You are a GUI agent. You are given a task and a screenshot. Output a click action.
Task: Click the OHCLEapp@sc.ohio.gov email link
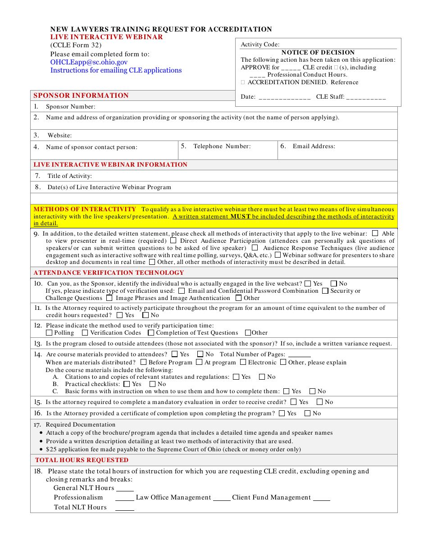[x=89, y=62]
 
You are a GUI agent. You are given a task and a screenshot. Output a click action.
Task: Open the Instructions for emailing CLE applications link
[x=116, y=70]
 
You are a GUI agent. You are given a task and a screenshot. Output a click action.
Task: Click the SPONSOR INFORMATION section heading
[x=81, y=95]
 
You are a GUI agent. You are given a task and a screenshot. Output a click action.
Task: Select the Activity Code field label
[x=260, y=44]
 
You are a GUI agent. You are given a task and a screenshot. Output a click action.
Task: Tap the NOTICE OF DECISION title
[x=318, y=52]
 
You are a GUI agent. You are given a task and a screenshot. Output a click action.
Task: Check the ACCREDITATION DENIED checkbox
[x=243, y=82]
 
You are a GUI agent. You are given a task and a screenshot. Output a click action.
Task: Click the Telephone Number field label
[x=222, y=146]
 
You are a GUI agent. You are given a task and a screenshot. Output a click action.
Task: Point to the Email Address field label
[x=314, y=146]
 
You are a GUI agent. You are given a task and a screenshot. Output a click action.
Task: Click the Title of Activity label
[x=69, y=176]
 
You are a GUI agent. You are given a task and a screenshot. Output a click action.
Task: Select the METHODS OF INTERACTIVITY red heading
[x=85, y=209]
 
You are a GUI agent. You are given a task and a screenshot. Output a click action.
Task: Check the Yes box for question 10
[x=308, y=284]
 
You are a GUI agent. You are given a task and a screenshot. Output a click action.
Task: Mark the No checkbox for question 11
[x=146, y=315]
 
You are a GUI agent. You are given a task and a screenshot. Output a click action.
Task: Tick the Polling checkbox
[x=49, y=333]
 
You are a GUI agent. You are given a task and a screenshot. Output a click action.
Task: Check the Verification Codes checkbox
[x=85, y=333]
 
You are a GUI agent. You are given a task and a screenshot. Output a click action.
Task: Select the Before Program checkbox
[x=143, y=362]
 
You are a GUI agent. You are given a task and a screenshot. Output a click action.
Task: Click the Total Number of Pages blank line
[x=299, y=355]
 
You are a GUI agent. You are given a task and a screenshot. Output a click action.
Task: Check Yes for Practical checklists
[x=127, y=384]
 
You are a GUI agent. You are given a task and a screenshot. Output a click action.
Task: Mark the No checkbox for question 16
[x=308, y=413]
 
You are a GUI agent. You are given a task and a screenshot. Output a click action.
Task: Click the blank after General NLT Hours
[x=125, y=489]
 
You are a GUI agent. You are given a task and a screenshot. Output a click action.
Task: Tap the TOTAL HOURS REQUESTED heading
[x=82, y=460]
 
